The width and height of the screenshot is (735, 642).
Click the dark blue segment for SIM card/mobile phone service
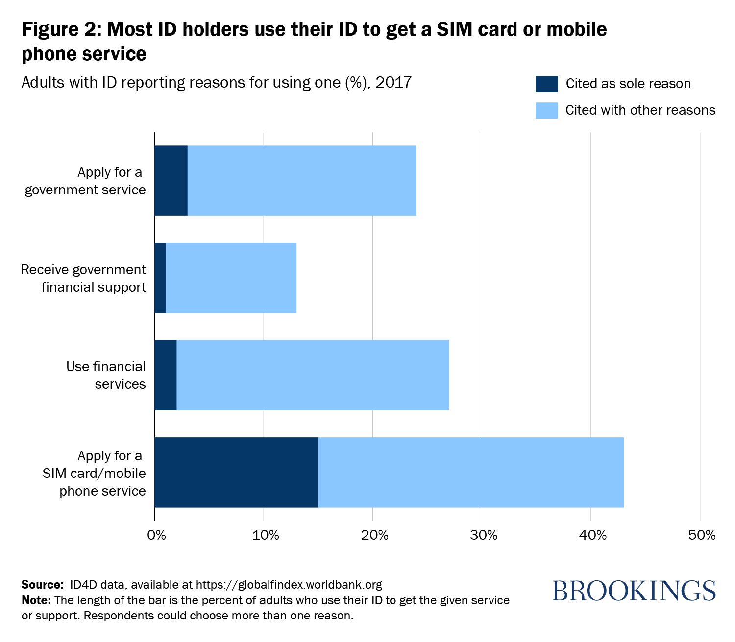pyautogui.click(x=236, y=472)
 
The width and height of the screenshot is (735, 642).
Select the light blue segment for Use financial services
pyautogui.click(x=313, y=375)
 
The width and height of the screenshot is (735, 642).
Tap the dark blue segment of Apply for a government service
pyautogui.click(x=171, y=181)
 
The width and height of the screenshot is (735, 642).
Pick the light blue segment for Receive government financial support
pyautogui.click(x=231, y=278)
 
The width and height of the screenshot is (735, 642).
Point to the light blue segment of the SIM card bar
pyautogui.click(x=471, y=472)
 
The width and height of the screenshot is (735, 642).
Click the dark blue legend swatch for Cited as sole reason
pyautogui.click(x=546, y=84)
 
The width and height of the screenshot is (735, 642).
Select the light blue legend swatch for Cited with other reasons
pyautogui.click(x=546, y=110)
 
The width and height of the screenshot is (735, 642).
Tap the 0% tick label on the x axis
pyautogui.click(x=156, y=535)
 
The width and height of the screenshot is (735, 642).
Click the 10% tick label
pyautogui.click(x=265, y=535)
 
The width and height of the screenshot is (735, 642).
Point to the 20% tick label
pyautogui.click(x=374, y=535)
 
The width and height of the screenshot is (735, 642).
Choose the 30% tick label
pyautogui.click(x=484, y=535)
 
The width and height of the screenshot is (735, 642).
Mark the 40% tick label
pyautogui.click(x=593, y=535)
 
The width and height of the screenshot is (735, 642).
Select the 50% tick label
pyautogui.click(x=702, y=535)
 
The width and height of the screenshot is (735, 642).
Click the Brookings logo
pyautogui.click(x=634, y=591)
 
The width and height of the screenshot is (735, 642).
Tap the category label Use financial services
pyautogui.click(x=106, y=375)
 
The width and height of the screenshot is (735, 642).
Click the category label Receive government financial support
pyautogui.click(x=83, y=278)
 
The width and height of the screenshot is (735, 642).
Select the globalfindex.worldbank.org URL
pyautogui.click(x=289, y=585)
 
